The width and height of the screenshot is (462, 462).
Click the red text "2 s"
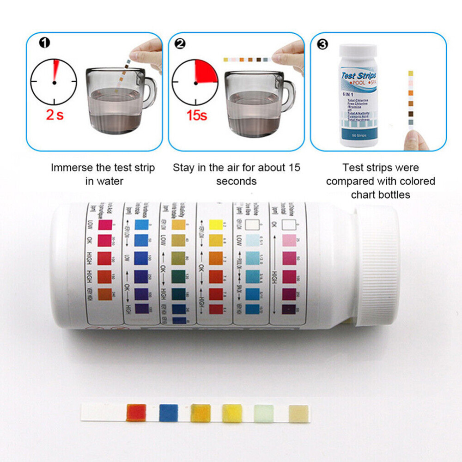click(x=55, y=115)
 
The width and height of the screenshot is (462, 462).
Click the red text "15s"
click(x=196, y=115)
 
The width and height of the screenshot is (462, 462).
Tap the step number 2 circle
click(x=180, y=43)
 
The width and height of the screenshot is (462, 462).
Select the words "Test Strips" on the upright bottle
click(x=358, y=75)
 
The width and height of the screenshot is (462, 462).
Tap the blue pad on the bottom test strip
click(x=168, y=412)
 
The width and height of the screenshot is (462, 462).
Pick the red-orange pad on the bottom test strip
click(x=136, y=412)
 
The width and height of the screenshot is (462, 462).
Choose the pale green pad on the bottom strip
click(x=264, y=412)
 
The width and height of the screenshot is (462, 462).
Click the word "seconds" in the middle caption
click(x=236, y=181)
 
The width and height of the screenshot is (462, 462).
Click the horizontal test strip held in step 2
click(x=245, y=60)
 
